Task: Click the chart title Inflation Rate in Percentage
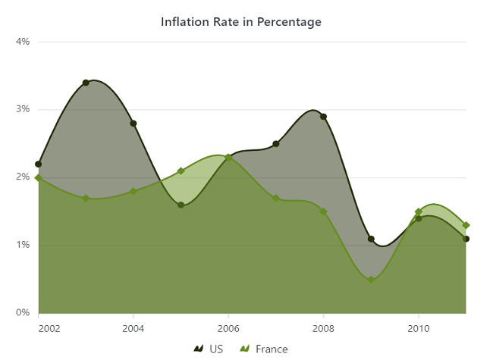241,22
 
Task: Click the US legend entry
209,349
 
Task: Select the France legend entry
264,349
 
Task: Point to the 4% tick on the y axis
23,42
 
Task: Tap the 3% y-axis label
23,109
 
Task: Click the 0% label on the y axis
23,312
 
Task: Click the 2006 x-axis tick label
228,328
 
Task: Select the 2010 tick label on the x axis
418,328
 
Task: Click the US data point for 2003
86,83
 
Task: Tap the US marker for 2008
323,117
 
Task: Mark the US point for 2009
371,239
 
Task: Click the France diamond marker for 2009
371,280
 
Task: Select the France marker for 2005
181,171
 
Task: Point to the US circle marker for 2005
181,205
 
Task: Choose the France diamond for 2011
466,225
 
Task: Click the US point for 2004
133,124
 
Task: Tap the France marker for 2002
39,177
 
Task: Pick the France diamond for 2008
323,211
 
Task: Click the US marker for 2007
276,144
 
